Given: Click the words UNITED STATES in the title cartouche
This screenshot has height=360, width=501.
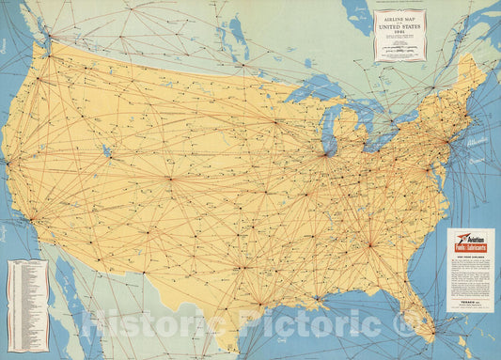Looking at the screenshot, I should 399,26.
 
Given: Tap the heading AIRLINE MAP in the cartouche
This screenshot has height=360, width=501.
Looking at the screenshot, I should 399,18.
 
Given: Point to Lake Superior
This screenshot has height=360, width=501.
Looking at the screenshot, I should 310,93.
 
